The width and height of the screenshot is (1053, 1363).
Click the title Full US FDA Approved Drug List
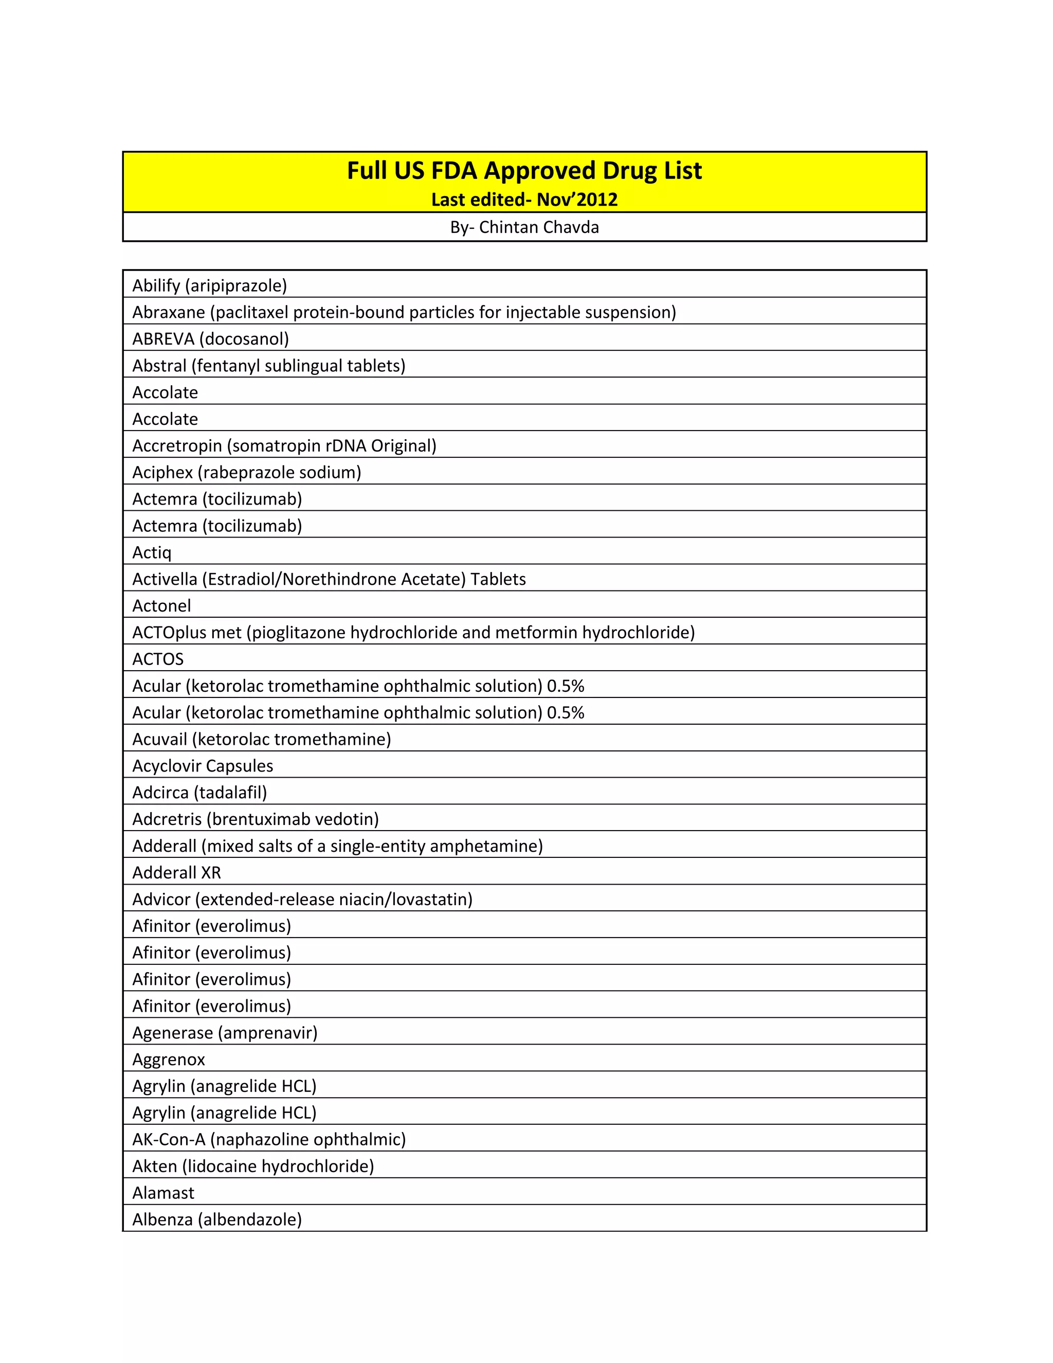[x=524, y=171]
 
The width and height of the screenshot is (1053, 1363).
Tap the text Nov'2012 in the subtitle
[x=576, y=200]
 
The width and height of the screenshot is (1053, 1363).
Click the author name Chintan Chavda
[x=538, y=227]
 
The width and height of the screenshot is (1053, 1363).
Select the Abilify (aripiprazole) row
[x=210, y=286]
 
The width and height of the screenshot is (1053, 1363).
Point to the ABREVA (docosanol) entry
[x=211, y=339]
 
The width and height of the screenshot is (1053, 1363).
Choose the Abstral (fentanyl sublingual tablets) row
[x=269, y=366]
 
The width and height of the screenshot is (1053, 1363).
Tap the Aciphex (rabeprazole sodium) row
[x=246, y=473]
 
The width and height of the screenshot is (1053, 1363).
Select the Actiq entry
[x=152, y=552]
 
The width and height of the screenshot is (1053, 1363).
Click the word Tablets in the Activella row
[x=498, y=579]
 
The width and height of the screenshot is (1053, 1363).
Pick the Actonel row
[x=161, y=606]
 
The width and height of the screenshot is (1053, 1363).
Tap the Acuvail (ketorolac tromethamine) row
[x=261, y=740]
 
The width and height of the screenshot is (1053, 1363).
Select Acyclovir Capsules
[x=203, y=766]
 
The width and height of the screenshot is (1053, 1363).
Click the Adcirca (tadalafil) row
[x=199, y=793]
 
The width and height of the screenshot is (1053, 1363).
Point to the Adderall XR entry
[x=176, y=872]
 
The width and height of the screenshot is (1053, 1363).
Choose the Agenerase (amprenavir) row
[x=225, y=1033]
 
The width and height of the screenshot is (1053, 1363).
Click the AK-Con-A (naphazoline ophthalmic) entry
[x=269, y=1140]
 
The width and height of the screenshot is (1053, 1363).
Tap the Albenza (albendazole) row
[x=217, y=1219]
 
